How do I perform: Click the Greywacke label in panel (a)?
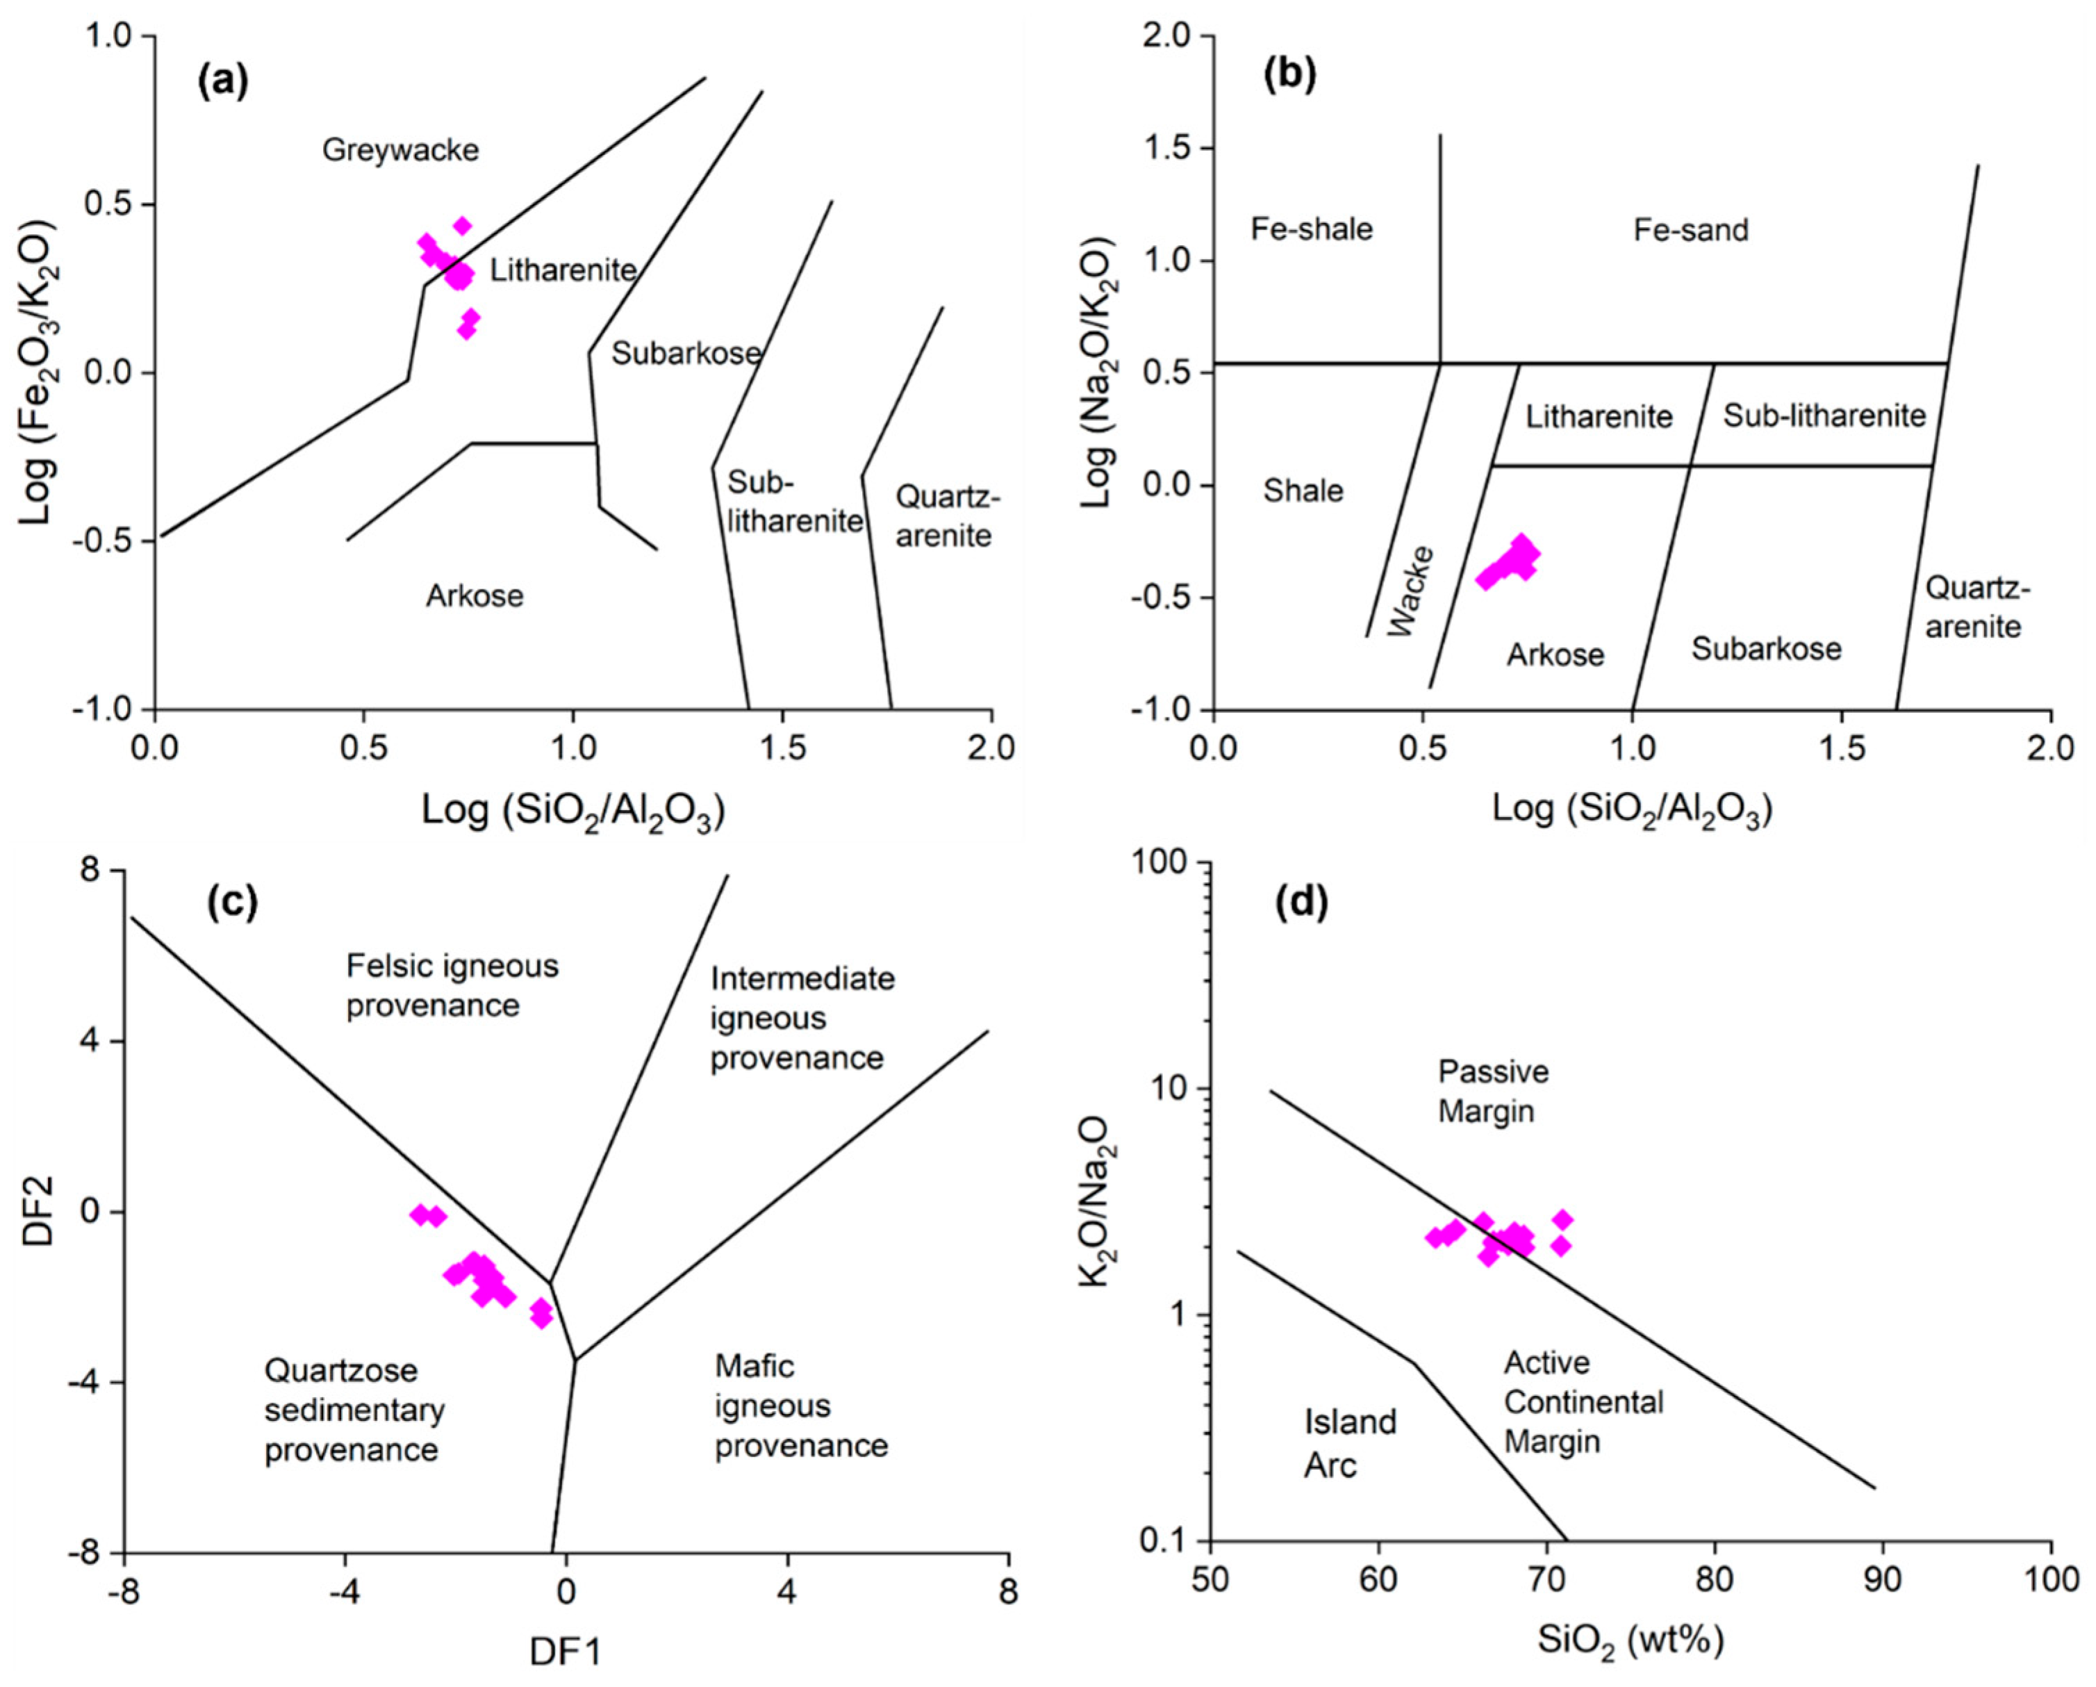pos(401,151)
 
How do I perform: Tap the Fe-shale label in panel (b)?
pos(1312,229)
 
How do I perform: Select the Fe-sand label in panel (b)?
pos(1690,231)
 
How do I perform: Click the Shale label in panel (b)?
pos(1303,491)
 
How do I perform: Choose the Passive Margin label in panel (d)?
pos(1493,1091)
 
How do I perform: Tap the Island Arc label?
pos(1349,1443)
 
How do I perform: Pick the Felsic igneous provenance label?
pos(452,985)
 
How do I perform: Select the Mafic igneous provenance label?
pos(801,1406)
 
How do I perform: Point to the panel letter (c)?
pos(233,903)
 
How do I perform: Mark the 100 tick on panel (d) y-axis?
pos(1169,864)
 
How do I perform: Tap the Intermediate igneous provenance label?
pos(801,1018)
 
